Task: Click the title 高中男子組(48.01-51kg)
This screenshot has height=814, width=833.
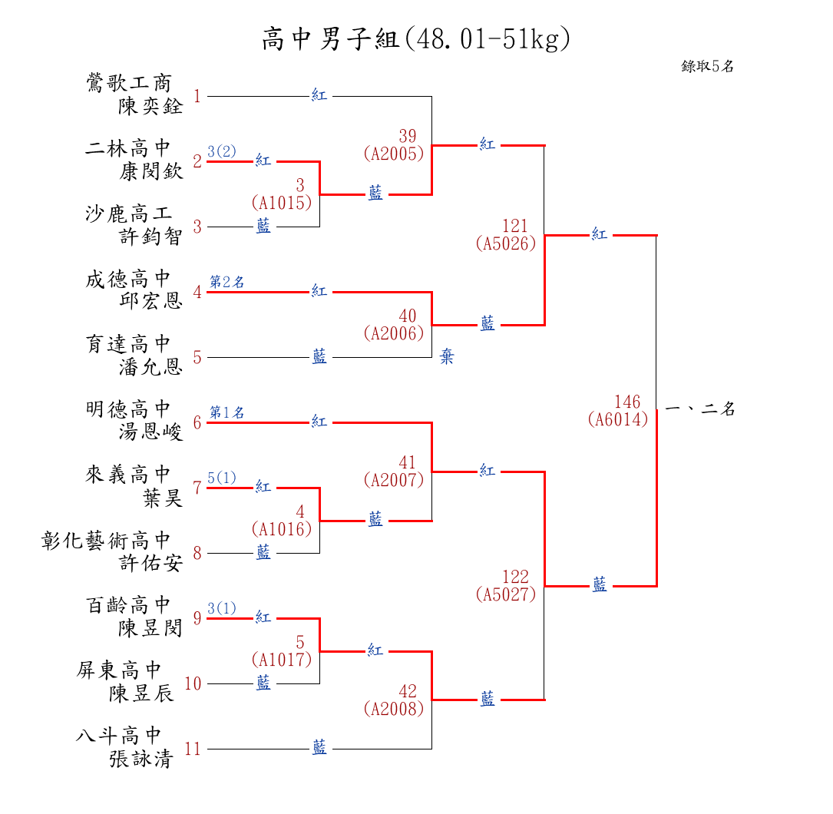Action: pyautogui.click(x=416, y=38)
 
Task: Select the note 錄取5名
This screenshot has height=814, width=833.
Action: pyautogui.click(x=707, y=67)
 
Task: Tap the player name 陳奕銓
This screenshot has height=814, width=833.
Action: pyautogui.click(x=150, y=106)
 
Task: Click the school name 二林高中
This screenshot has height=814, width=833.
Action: pyautogui.click(x=128, y=148)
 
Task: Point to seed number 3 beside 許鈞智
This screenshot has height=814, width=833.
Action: pyautogui.click(x=197, y=227)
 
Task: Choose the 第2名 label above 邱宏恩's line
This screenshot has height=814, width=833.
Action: pyautogui.click(x=227, y=283)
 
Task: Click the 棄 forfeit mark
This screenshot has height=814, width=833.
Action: pyautogui.click(x=447, y=357)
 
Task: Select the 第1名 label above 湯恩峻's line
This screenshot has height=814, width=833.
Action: pyautogui.click(x=227, y=413)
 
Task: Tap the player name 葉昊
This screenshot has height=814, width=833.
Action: pyautogui.click(x=163, y=498)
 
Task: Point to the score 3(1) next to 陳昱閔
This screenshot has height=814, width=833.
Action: pyautogui.click(x=222, y=609)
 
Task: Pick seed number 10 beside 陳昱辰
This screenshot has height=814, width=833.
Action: pyautogui.click(x=193, y=683)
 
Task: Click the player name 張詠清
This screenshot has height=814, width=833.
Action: pyautogui.click(x=140, y=759)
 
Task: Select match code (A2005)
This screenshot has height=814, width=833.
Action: pyautogui.click(x=394, y=154)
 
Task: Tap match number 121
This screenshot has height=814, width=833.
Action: pyautogui.click(x=515, y=227)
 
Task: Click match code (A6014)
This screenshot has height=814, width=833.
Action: pyautogui.click(x=618, y=420)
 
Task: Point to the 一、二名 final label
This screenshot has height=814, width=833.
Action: pyautogui.click(x=700, y=409)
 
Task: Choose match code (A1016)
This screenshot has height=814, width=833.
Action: pyautogui.click(x=281, y=529)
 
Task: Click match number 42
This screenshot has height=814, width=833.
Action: pyautogui.click(x=408, y=692)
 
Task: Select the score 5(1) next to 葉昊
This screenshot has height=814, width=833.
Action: pyautogui.click(x=222, y=478)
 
